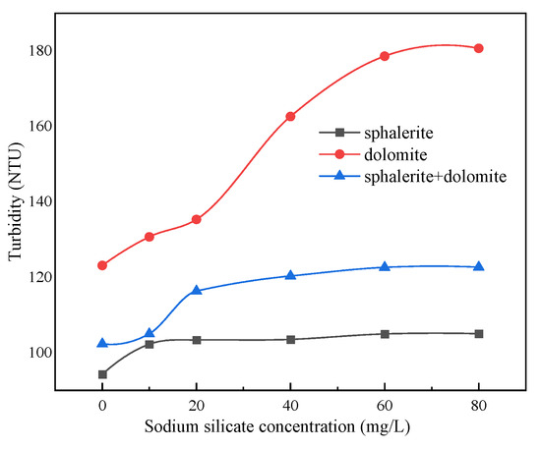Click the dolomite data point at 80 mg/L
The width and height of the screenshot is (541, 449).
tap(479, 48)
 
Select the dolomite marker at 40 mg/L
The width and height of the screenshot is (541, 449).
tap(290, 116)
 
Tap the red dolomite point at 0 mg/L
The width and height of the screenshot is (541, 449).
tap(102, 265)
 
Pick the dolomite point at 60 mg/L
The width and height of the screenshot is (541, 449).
tap(385, 56)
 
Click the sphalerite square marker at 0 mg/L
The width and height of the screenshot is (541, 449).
tap(102, 374)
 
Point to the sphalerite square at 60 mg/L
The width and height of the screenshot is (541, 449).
tap(385, 334)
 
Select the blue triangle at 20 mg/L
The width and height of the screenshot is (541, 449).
tap(197, 290)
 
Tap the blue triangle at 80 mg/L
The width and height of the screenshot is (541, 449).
tap(479, 266)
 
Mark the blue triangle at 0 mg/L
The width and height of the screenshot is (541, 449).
tap(102, 343)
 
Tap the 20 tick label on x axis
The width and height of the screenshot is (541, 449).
tap(197, 404)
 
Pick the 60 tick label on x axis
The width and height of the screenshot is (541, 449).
tap(385, 404)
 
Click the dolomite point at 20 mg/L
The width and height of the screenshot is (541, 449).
tap(197, 219)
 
